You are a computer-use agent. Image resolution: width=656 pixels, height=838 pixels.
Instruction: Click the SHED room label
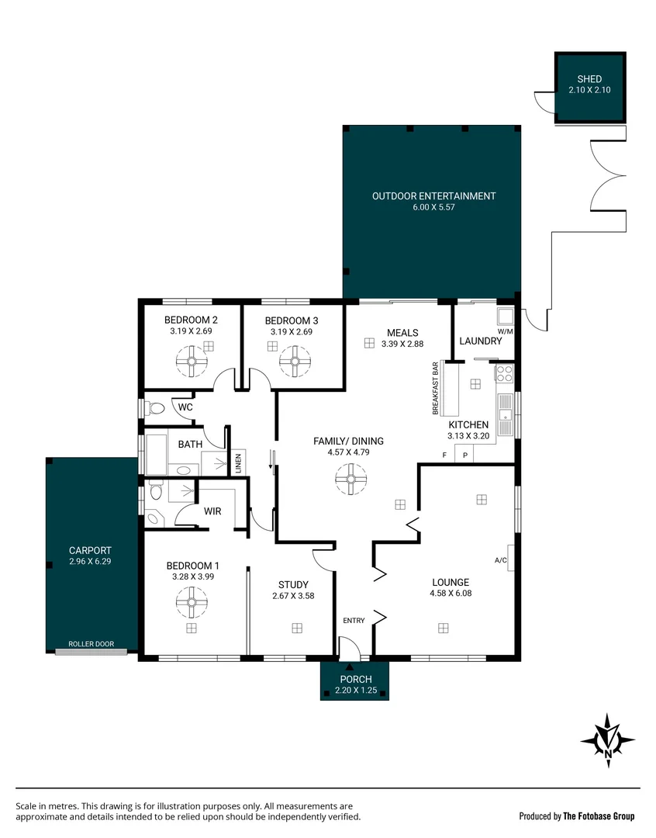pyautogui.click(x=589, y=79)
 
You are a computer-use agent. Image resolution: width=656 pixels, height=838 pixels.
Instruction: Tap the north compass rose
pyautogui.click(x=608, y=741)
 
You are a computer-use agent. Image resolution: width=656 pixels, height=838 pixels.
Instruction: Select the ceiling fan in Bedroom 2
pyautogui.click(x=192, y=362)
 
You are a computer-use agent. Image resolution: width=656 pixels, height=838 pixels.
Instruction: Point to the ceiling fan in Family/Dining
pyautogui.click(x=351, y=479)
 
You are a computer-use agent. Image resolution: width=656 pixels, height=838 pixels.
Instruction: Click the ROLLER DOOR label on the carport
pyautogui.click(x=91, y=644)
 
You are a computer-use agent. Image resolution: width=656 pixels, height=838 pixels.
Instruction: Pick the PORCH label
pyautogui.click(x=356, y=679)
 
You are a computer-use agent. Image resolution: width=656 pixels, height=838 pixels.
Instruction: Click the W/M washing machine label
pyautogui.click(x=505, y=331)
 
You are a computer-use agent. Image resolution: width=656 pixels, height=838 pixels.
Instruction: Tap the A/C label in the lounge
pyautogui.click(x=501, y=560)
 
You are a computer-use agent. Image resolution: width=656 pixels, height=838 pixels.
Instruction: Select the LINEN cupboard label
pyautogui.click(x=239, y=462)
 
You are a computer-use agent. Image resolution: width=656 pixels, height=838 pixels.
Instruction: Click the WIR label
pyautogui.click(x=212, y=511)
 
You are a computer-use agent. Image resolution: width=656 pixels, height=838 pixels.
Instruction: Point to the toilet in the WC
pyautogui.click(x=154, y=409)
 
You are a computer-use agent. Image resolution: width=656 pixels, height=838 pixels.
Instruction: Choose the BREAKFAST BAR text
pyautogui.click(x=435, y=389)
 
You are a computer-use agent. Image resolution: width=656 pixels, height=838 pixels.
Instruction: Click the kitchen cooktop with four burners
pyautogui.click(x=504, y=373)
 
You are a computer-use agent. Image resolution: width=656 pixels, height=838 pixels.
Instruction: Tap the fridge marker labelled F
pyautogui.click(x=444, y=455)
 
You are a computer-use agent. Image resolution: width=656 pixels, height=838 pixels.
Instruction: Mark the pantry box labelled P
pyautogui.click(x=465, y=455)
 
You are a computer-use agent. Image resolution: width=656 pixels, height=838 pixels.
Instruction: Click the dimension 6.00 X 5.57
pyautogui.click(x=433, y=207)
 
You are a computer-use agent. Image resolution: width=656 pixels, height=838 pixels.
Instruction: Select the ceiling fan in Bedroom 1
pyautogui.click(x=192, y=602)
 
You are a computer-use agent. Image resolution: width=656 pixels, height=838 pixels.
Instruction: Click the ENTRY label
pyautogui.click(x=354, y=621)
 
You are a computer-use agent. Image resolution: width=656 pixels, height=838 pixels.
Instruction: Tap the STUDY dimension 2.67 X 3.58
pyautogui.click(x=293, y=596)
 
